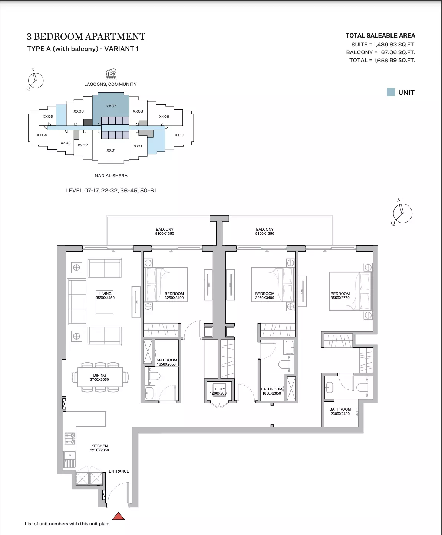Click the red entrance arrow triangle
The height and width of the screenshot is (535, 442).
[118, 516]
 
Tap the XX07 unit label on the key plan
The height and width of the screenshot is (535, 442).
[111, 106]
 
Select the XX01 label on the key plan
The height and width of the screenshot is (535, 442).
[111, 150]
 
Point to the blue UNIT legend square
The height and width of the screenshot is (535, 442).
[390, 92]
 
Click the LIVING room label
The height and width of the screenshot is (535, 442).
[105, 294]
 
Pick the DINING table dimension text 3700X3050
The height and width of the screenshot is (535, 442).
[99, 379]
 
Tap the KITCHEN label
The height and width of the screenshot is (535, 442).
[99, 446]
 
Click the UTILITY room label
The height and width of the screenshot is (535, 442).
[218, 389]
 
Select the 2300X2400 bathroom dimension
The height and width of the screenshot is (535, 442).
[340, 414]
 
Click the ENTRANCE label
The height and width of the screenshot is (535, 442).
[119, 471]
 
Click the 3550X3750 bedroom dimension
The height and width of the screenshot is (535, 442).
[340, 298]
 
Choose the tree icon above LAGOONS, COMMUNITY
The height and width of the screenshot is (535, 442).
[111, 74]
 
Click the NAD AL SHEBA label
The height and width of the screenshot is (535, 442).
[111, 176]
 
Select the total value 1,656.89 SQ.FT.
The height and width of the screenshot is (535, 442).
[394, 60]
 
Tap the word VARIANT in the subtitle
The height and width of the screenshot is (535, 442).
[119, 49]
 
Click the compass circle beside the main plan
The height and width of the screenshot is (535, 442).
[403, 213]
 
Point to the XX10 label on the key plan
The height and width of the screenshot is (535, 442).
[179, 135]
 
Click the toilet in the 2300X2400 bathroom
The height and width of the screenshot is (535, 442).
[362, 388]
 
